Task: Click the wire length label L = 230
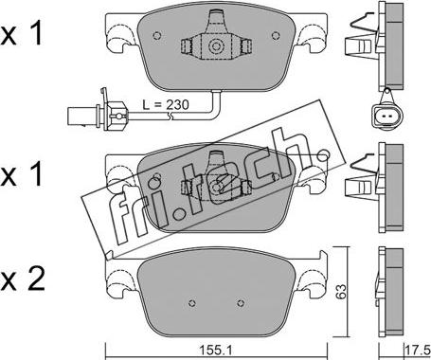coord(166,104)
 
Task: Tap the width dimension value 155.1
coord(216,350)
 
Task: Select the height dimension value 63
coord(341,292)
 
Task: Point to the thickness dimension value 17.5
coord(417,351)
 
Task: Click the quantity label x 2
coord(22,280)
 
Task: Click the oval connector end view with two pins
coord(386,116)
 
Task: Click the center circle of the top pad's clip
coord(216,46)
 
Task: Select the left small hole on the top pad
coord(157,36)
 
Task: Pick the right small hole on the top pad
coord(276,36)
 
